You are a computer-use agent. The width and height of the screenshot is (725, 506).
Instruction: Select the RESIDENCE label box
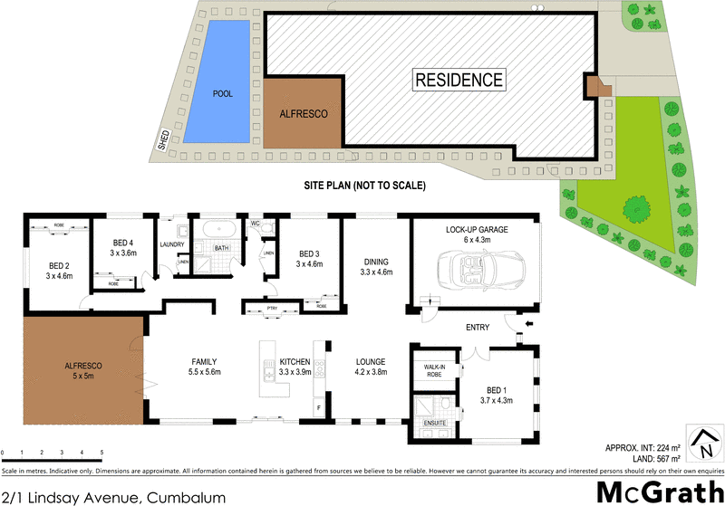tap(459, 79)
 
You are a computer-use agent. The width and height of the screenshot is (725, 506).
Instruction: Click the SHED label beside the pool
tap(164, 138)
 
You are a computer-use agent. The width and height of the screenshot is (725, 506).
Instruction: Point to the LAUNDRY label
tap(172, 244)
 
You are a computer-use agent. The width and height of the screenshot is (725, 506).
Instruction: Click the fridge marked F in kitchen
tap(319, 408)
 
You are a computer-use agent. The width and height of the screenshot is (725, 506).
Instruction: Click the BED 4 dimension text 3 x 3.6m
tap(123, 253)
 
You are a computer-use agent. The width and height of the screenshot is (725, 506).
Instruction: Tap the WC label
tap(255, 223)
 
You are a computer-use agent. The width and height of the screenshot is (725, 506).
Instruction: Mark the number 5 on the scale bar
tap(101, 452)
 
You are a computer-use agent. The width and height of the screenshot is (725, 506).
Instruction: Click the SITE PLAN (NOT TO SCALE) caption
tap(364, 186)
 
